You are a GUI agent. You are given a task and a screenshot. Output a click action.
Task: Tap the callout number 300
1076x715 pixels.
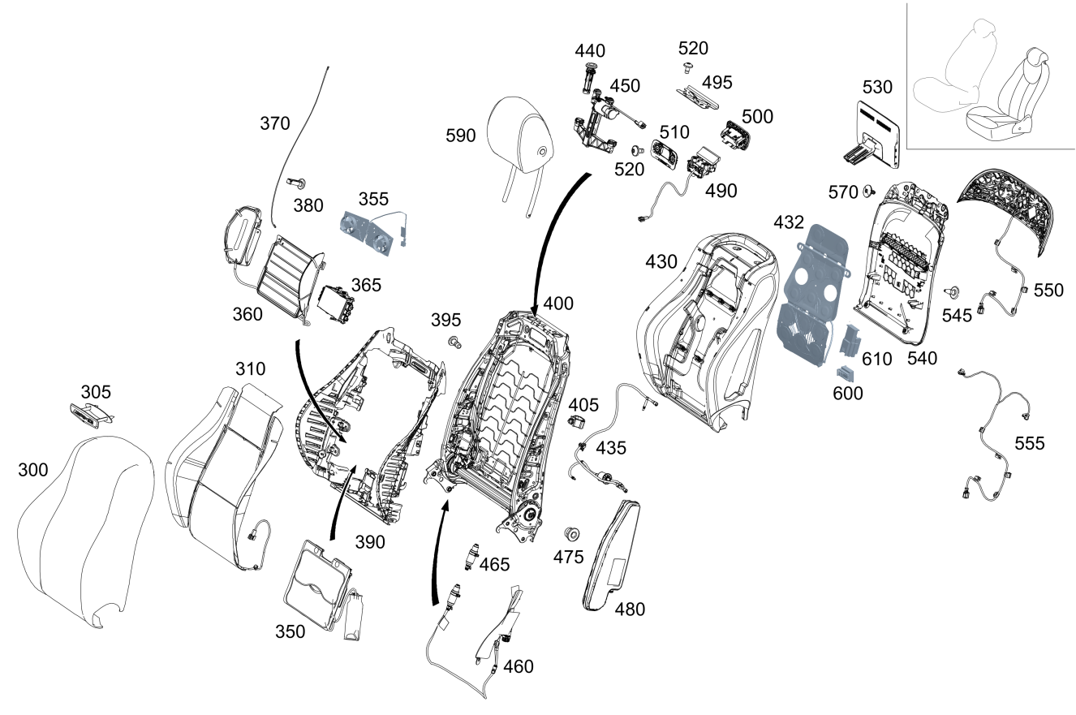[33, 470]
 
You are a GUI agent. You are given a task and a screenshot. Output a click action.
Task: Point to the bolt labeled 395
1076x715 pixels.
[454, 342]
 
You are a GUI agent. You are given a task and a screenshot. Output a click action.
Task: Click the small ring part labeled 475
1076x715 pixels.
[571, 533]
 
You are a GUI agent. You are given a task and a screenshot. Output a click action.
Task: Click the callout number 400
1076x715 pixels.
[558, 304]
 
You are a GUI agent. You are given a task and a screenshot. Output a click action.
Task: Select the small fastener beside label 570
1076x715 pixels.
[867, 191]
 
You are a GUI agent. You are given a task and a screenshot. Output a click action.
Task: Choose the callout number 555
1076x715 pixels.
[1030, 443]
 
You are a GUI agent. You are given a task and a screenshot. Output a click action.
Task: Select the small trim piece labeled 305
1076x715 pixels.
[87, 415]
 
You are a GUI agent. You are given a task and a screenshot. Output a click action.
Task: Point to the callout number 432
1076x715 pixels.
[789, 222]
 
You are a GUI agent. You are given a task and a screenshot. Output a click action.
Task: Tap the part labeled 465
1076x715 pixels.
[469, 558]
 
